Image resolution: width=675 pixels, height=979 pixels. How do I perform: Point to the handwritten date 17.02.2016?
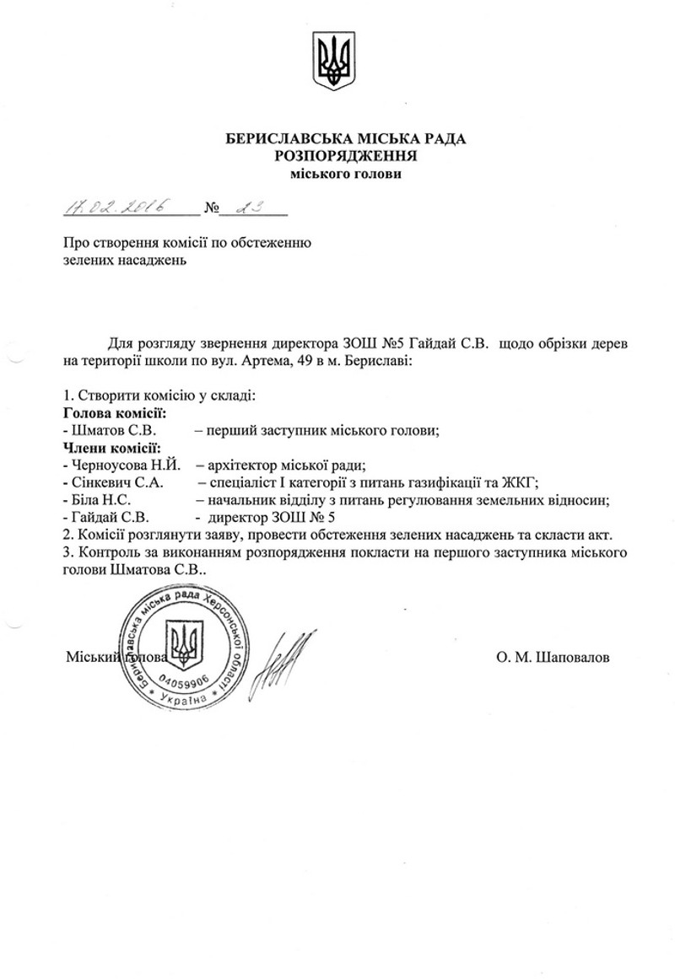pos(114,206)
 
